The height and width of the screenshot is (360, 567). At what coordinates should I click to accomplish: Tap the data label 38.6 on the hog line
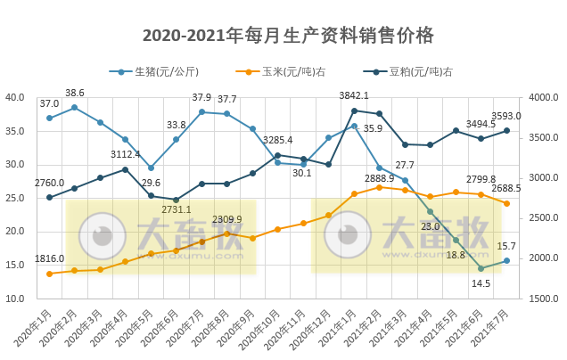click(75, 93)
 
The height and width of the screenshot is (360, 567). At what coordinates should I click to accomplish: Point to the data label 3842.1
click(354, 95)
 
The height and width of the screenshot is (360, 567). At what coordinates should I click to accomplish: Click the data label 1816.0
click(50, 258)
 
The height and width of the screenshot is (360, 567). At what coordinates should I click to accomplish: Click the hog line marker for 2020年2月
click(75, 107)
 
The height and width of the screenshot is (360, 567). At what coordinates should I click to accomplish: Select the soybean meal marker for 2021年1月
click(354, 110)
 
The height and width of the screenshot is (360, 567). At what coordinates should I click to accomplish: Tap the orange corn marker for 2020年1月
click(49, 274)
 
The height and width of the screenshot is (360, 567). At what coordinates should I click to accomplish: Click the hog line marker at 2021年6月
click(481, 268)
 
